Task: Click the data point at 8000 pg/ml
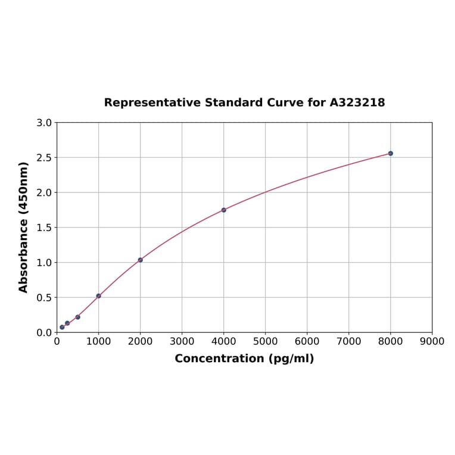391,154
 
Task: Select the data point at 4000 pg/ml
224,210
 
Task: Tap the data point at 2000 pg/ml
141,260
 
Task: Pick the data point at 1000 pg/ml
99,296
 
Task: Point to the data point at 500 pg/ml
78,317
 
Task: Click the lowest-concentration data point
62,327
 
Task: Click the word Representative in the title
152,103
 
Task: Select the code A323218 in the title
357,103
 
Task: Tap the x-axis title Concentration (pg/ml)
244,359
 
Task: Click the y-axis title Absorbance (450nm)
24,227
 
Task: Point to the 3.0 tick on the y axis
44,123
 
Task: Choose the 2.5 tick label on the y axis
44,158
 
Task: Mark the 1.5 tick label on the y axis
44,227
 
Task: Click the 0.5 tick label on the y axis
44,298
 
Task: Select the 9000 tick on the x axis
432,341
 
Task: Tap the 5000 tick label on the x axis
266,341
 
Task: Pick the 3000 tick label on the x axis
182,341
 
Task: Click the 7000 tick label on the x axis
349,341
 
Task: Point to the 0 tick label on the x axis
57,341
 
